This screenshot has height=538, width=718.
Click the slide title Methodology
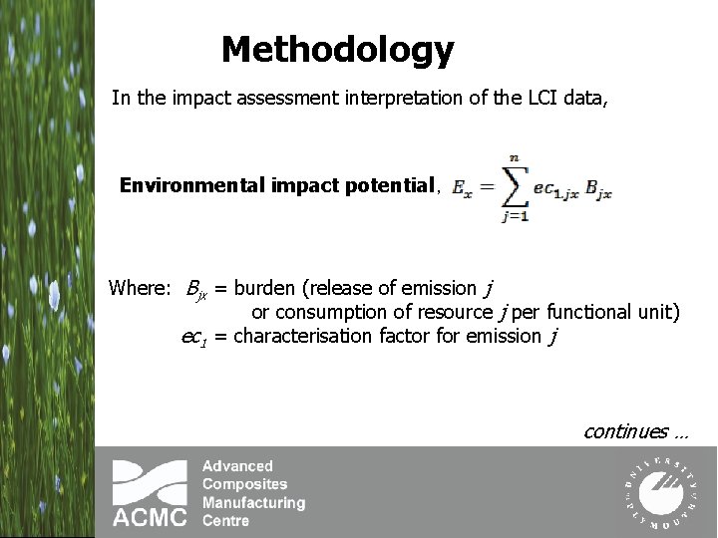pos(337,48)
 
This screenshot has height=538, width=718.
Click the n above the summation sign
pos(514,156)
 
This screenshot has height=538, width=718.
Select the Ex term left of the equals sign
pos(462,187)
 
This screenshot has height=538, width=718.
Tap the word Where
pos(140,289)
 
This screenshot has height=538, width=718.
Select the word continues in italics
pos(625,431)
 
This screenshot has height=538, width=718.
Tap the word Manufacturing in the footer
pos(253,503)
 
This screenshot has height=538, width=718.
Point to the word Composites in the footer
pos(244,484)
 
